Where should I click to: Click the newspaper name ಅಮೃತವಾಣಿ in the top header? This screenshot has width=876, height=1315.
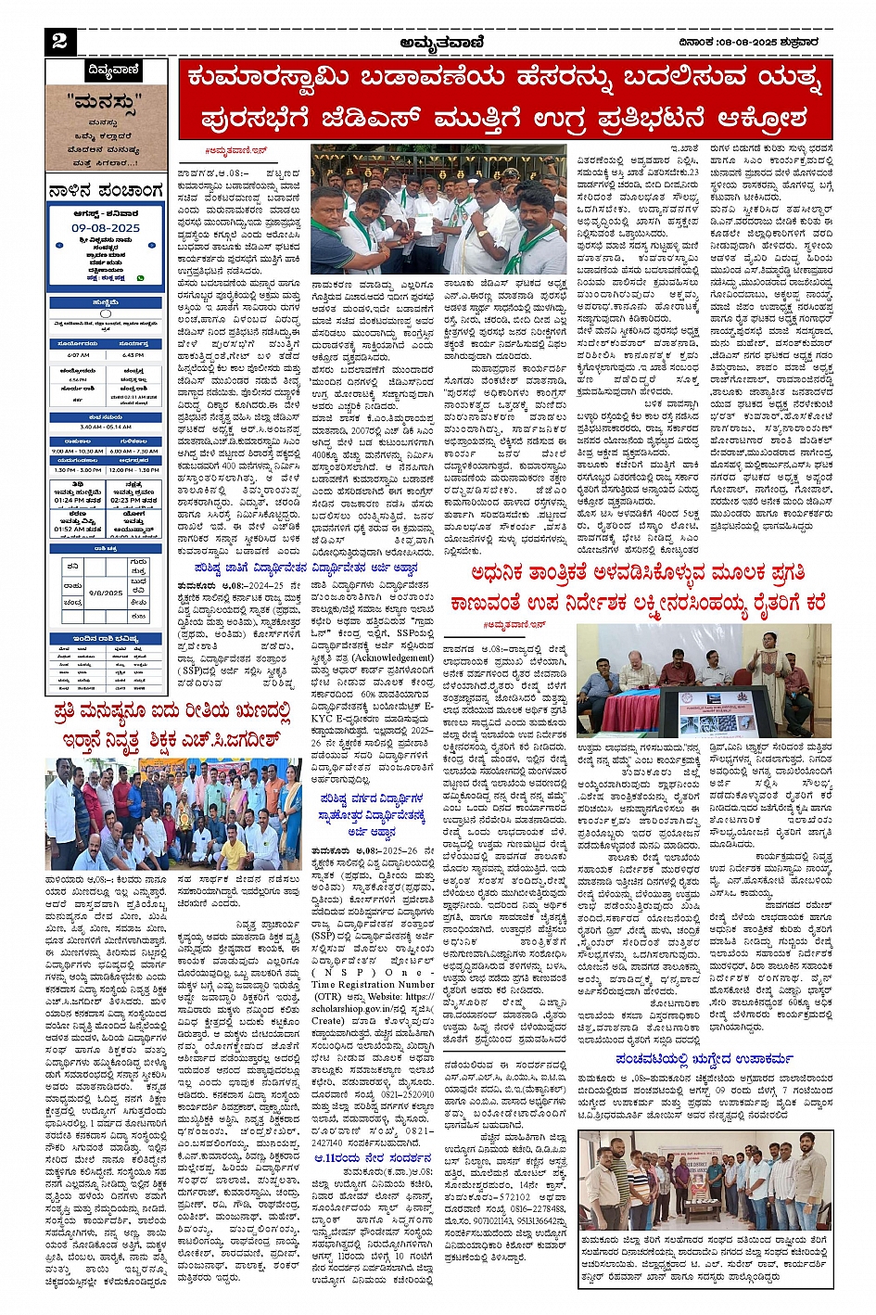click(x=438, y=41)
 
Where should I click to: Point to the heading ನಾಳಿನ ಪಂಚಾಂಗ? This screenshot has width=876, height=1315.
click(x=106, y=192)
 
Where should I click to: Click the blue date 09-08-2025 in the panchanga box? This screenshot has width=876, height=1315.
click(x=106, y=227)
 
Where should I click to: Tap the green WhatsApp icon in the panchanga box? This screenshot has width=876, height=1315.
click(x=141, y=277)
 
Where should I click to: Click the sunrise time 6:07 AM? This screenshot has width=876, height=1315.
click(x=79, y=355)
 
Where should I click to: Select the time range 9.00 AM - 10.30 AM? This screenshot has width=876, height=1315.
click(x=77, y=452)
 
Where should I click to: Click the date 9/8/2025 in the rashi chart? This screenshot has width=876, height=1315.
click(x=106, y=592)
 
